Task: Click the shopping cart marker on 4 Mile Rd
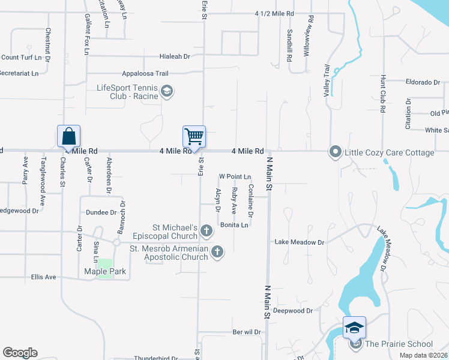click(194, 137)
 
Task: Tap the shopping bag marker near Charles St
click(68, 136)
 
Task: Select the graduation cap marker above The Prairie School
click(354, 327)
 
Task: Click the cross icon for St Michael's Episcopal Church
click(206, 230)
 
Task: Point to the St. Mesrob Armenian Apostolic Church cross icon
click(217, 253)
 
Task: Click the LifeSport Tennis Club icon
click(166, 91)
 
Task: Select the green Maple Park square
click(104, 268)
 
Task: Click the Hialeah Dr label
click(175, 56)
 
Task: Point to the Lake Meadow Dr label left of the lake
click(299, 242)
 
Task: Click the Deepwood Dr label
click(293, 311)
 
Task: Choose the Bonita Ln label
click(234, 225)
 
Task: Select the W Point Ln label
click(235, 176)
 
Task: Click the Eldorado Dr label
click(423, 82)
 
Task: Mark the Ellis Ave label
click(43, 277)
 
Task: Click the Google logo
click(20, 353)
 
